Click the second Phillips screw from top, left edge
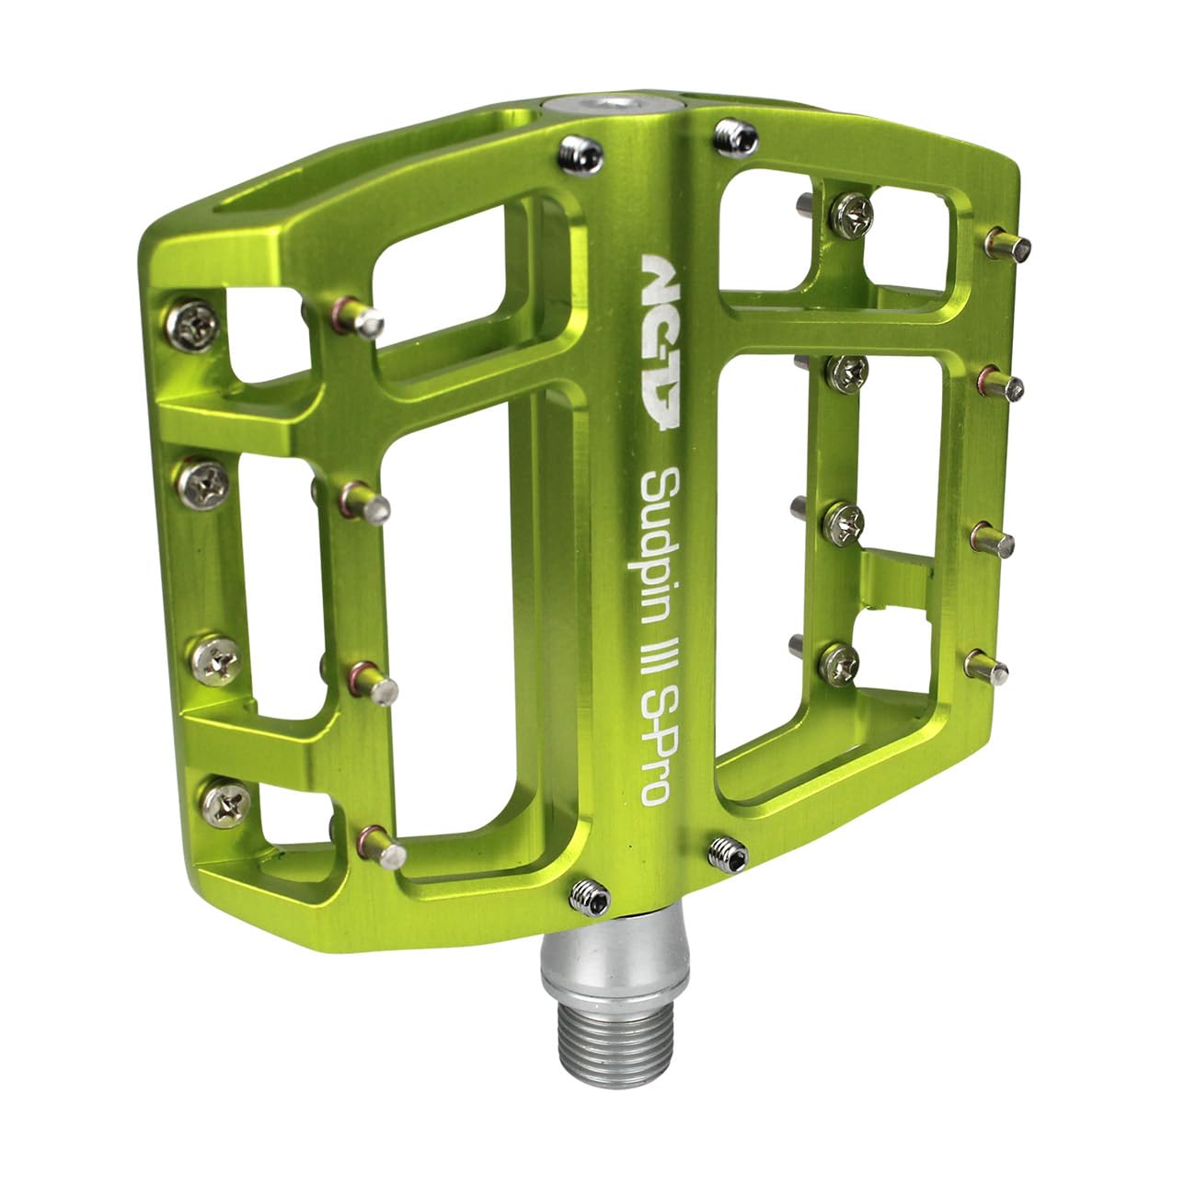coord(204,478)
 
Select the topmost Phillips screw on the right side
coord(849,215)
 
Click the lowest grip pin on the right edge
coord(987,662)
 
